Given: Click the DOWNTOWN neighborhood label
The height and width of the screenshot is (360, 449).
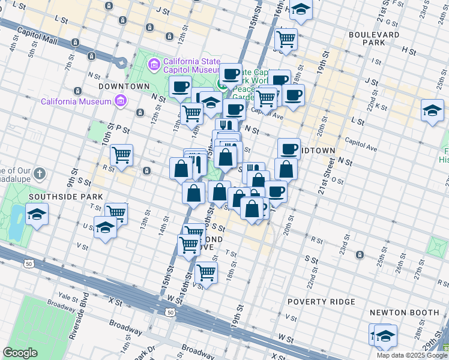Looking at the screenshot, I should pos(124,86).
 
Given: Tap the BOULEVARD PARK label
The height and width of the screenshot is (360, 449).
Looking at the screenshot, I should pos(374,40).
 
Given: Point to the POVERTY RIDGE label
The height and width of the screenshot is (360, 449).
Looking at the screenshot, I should pos(321,301).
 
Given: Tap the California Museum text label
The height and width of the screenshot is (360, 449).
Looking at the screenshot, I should pos(76,101).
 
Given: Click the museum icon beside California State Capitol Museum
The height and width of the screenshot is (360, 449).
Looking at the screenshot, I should pos(154,64).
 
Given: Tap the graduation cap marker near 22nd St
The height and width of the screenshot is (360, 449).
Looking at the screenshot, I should pos(432,111).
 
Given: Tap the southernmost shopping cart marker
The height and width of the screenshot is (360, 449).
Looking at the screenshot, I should pos(206,272).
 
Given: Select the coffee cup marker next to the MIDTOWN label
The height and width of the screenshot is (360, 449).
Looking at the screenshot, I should pos(289,148).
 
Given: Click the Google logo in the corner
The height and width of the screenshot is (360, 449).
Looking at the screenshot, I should pos(20,353).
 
